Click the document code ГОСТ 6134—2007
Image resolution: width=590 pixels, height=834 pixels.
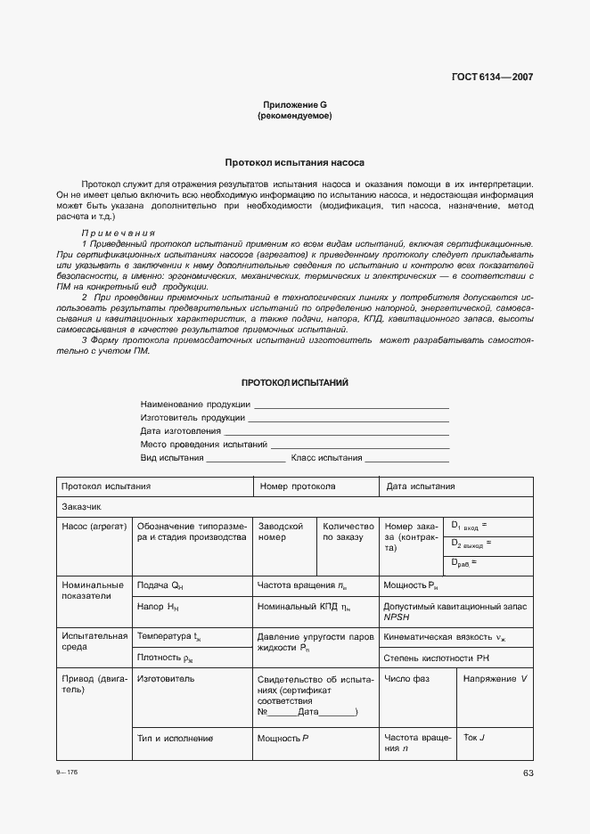493,77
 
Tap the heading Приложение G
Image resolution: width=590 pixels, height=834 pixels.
294,104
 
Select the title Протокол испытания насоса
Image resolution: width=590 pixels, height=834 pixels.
294,163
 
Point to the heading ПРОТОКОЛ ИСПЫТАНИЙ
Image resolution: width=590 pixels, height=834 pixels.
294,382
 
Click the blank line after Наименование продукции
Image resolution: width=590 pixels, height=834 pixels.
351,405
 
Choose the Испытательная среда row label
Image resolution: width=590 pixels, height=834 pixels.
93,642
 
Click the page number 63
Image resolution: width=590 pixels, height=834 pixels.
528,773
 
